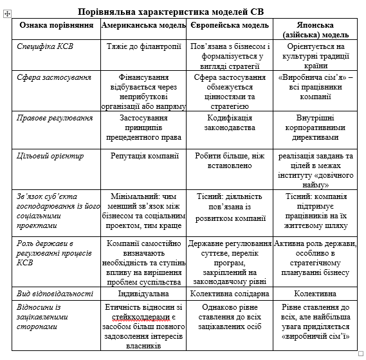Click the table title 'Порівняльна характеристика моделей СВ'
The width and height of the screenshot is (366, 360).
coord(170,12)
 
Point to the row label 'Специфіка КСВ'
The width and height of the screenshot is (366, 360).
coord(48,46)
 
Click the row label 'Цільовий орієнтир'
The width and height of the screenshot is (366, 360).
coord(51,155)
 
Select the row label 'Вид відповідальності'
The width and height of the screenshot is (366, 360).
coord(57,293)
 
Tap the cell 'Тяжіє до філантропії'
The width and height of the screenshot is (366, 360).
coord(144,46)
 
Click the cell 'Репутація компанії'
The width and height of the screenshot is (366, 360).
coord(144,155)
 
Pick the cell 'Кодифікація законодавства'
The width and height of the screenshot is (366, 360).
coord(230,123)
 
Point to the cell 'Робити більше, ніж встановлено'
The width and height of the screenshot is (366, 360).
coord(230,160)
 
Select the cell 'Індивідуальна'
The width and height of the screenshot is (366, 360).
coord(144,293)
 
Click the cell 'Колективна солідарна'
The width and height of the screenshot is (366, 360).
coord(230,293)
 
